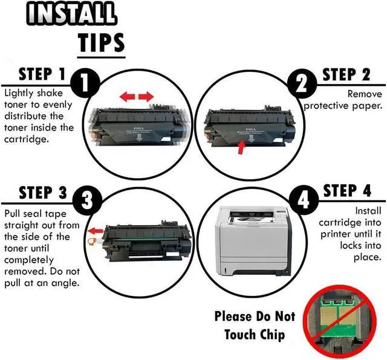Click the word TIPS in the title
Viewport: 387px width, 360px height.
coord(101,43)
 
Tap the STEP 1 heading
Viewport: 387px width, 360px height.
coord(42,74)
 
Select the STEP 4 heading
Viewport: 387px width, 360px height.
coord(347,191)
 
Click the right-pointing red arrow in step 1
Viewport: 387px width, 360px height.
coord(146,97)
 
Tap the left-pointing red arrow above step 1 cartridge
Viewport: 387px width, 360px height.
coord(127,97)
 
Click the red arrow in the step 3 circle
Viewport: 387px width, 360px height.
coord(95,231)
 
